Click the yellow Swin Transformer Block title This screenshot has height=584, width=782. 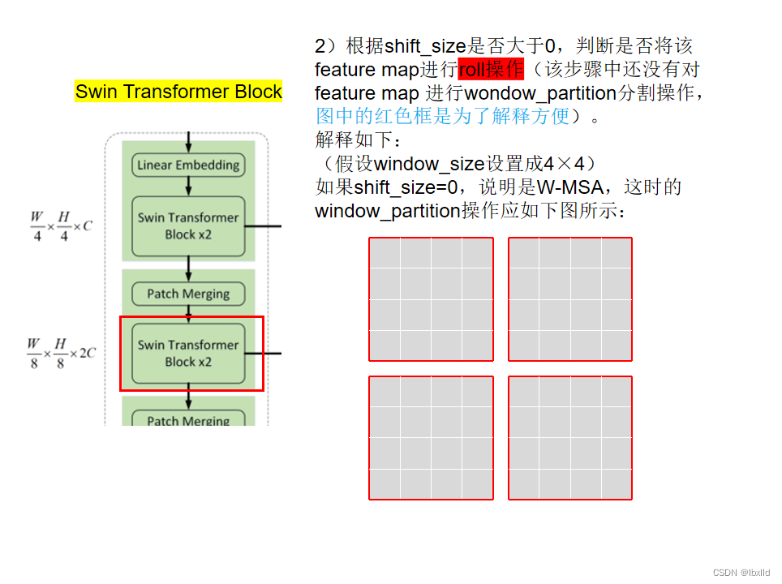[178, 92]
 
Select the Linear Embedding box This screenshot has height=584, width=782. [188, 165]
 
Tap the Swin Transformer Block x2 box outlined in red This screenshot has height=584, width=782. [188, 354]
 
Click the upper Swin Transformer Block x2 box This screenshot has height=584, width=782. [188, 226]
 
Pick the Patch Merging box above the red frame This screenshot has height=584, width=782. [188, 294]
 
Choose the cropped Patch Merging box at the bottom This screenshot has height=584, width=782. [188, 419]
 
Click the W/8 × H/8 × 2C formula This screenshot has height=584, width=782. [62, 354]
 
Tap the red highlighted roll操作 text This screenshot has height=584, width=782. [491, 69]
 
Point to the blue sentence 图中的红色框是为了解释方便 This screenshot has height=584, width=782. [443, 116]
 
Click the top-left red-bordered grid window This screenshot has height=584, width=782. [431, 299]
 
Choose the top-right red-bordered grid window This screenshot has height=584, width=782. [570, 299]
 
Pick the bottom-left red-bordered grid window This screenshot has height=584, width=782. [431, 438]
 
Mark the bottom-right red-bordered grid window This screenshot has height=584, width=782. [570, 438]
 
